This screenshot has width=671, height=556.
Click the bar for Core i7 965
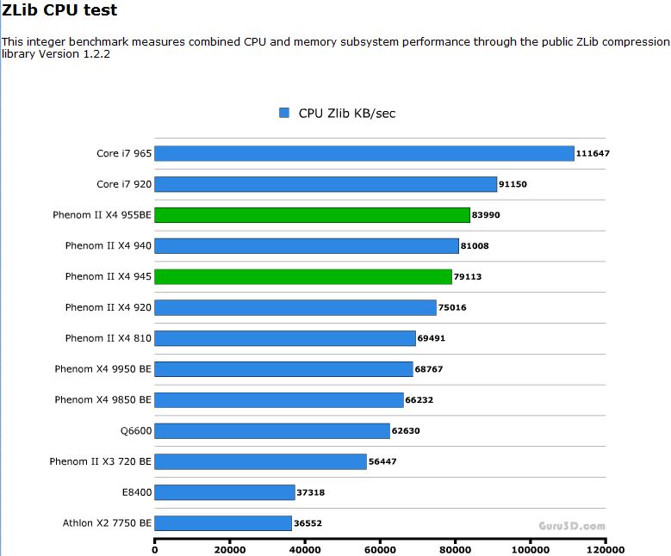click(x=363, y=153)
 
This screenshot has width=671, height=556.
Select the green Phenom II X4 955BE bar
click(x=312, y=215)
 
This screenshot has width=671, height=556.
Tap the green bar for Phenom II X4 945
click(x=302, y=276)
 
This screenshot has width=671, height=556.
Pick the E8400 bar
click(x=224, y=492)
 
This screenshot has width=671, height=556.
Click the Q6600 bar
click(x=271, y=430)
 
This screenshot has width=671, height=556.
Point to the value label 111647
click(x=593, y=153)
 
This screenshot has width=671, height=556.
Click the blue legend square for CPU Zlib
click(x=284, y=113)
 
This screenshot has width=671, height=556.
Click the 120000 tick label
click(x=605, y=549)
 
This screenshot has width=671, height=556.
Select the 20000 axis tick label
click(x=230, y=549)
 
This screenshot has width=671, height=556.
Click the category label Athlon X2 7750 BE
click(x=107, y=523)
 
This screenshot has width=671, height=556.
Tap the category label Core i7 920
click(x=124, y=184)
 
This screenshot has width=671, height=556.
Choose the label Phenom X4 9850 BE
click(x=103, y=399)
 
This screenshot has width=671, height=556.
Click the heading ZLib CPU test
click(x=59, y=10)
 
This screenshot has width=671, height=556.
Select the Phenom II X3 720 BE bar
click(x=260, y=461)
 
